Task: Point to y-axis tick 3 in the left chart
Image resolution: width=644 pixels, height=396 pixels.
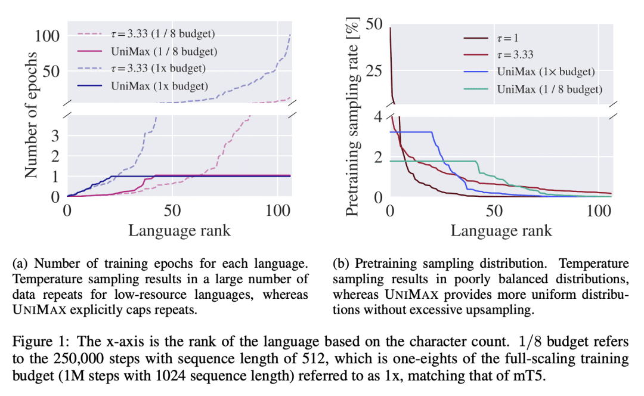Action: [x=55, y=135]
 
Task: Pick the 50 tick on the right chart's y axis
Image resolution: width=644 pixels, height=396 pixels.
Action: [x=374, y=26]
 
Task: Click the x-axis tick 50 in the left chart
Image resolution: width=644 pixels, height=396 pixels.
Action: [x=172, y=211]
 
